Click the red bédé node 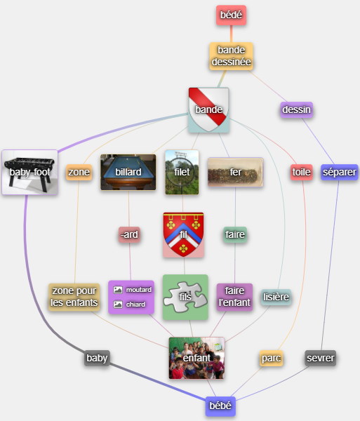(231, 15)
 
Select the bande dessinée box (231, 56)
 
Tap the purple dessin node (296, 109)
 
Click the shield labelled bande (208, 110)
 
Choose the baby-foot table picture (29, 172)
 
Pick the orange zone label (79, 172)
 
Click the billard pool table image (128, 172)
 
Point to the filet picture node (182, 172)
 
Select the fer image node (235, 172)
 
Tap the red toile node (302, 172)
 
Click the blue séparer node (340, 172)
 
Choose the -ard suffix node (129, 234)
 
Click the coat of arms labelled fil (183, 234)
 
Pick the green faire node (235, 234)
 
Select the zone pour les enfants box (74, 297)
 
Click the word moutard (138, 290)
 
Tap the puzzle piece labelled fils (185, 297)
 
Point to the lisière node (276, 297)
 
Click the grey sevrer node (321, 358)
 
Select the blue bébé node (220, 406)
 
